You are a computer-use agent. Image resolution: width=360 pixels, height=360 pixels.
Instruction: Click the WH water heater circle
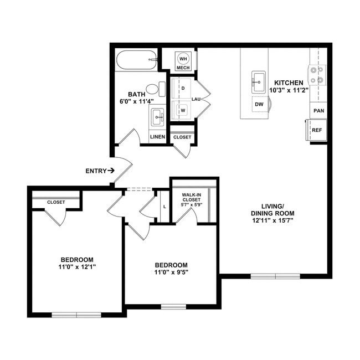183,58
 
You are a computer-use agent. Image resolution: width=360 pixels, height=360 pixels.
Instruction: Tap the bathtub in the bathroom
136,59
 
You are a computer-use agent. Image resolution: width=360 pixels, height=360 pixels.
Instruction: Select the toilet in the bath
155,89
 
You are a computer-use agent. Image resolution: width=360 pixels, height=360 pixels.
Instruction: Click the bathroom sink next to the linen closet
157,117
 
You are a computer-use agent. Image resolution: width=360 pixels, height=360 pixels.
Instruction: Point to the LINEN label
157,137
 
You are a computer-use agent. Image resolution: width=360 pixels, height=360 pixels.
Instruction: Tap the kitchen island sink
259,82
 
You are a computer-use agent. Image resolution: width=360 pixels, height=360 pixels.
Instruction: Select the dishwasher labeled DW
259,104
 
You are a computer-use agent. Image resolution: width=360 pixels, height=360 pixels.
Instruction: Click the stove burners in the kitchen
317,75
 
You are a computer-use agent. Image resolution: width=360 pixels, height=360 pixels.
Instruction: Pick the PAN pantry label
318,111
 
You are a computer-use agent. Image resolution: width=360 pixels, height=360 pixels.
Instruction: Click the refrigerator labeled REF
317,130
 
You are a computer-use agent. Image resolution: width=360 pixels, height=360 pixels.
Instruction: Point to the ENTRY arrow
111,171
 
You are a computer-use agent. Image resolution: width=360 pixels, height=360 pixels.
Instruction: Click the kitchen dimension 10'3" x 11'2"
288,90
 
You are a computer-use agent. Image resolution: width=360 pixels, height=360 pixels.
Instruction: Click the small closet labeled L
163,207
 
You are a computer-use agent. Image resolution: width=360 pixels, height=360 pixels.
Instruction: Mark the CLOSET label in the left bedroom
55,202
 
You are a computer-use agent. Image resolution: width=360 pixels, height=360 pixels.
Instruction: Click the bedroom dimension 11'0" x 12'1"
76,267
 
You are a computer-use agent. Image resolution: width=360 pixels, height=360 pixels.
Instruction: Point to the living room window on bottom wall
275,276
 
